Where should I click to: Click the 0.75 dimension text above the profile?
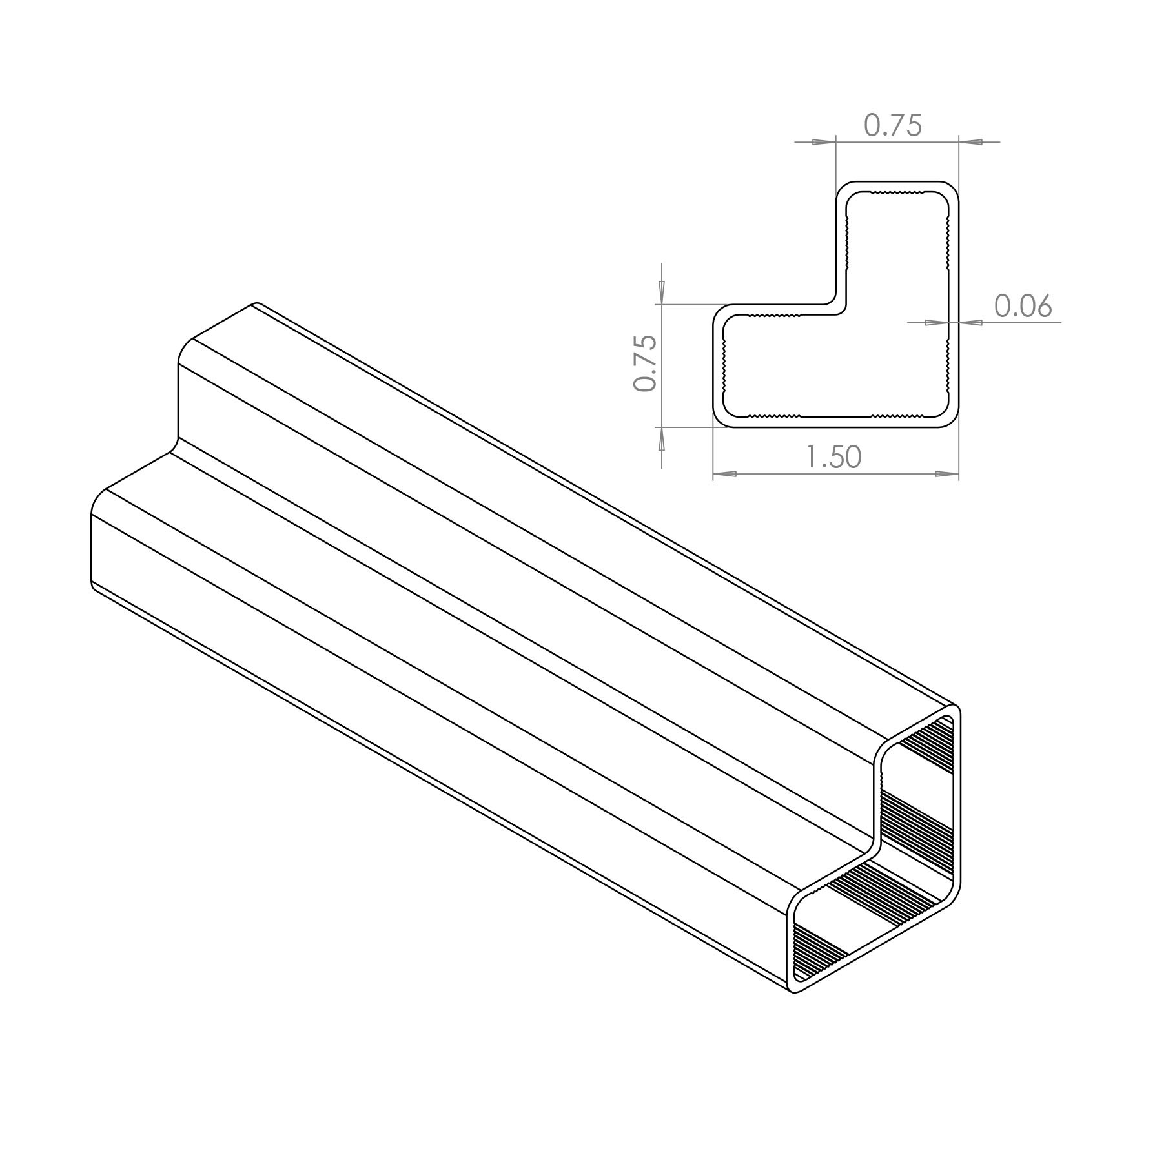coord(893,125)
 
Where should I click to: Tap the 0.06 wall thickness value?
coord(1023,306)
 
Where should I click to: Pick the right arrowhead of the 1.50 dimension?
coord(946,474)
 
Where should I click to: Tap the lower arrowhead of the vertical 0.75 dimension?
coord(661,440)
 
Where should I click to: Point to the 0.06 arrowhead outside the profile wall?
coord(970,323)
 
